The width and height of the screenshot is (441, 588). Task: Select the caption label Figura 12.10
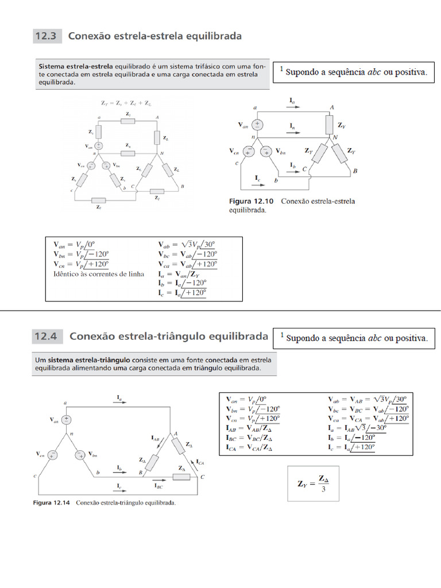pos(251,202)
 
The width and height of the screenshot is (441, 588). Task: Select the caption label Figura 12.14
pos(53,503)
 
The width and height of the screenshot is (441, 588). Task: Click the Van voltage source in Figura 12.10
pos(258,125)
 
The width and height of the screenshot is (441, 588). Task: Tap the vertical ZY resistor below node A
pos(330,124)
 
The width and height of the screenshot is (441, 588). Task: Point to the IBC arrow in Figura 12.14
pos(159,479)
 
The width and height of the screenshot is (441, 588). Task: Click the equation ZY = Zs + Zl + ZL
pos(126,104)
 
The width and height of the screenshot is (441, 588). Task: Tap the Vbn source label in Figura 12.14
pos(94,454)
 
